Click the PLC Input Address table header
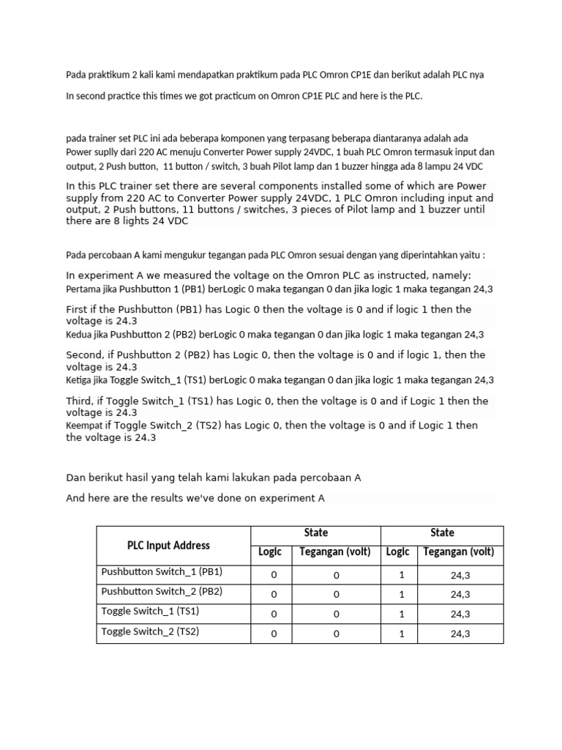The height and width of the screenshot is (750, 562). click(x=168, y=546)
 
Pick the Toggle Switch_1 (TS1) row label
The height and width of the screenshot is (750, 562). click(x=150, y=612)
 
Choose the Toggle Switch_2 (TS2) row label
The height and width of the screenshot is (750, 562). click(x=150, y=631)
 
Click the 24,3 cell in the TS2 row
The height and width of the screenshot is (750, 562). click(x=460, y=634)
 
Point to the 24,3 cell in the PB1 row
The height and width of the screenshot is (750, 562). click(x=460, y=576)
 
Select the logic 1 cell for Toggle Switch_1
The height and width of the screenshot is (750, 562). click(x=402, y=615)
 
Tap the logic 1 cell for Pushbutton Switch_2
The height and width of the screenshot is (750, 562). click(x=402, y=595)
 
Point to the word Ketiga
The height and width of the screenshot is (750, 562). click(x=80, y=380)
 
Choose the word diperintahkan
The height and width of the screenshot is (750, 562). click(x=428, y=256)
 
